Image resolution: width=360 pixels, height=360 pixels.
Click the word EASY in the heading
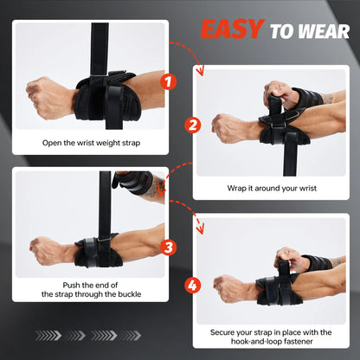[232, 29]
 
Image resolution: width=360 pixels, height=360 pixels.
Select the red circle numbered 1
[170, 84]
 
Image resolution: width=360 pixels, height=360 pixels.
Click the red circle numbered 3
[170, 246]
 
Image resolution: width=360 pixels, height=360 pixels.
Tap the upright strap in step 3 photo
[106, 199]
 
